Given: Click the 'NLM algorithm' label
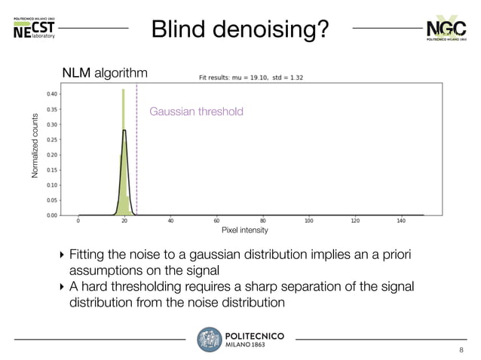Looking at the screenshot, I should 105,73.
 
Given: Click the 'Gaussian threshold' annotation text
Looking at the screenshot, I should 196,111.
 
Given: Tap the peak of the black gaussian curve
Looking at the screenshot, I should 124,130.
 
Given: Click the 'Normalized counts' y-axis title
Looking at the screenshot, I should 35,146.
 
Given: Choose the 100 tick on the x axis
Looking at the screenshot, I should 309,221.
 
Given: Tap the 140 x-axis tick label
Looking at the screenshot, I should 401,221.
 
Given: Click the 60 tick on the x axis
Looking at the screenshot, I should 217,221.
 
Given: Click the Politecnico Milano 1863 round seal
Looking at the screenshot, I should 209,340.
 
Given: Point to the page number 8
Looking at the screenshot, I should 462,350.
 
